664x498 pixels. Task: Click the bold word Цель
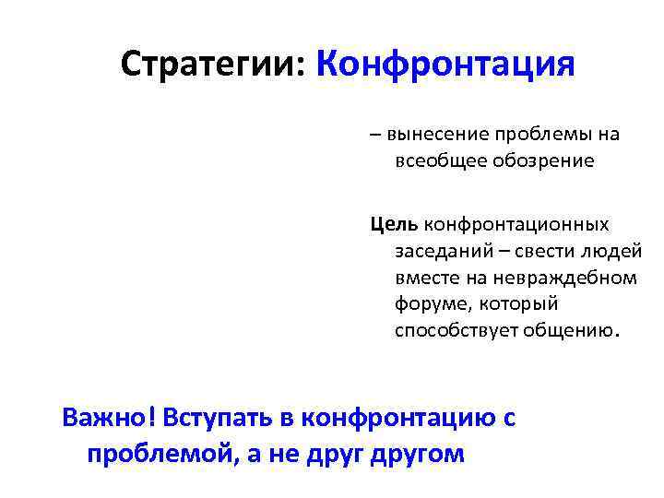394,224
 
